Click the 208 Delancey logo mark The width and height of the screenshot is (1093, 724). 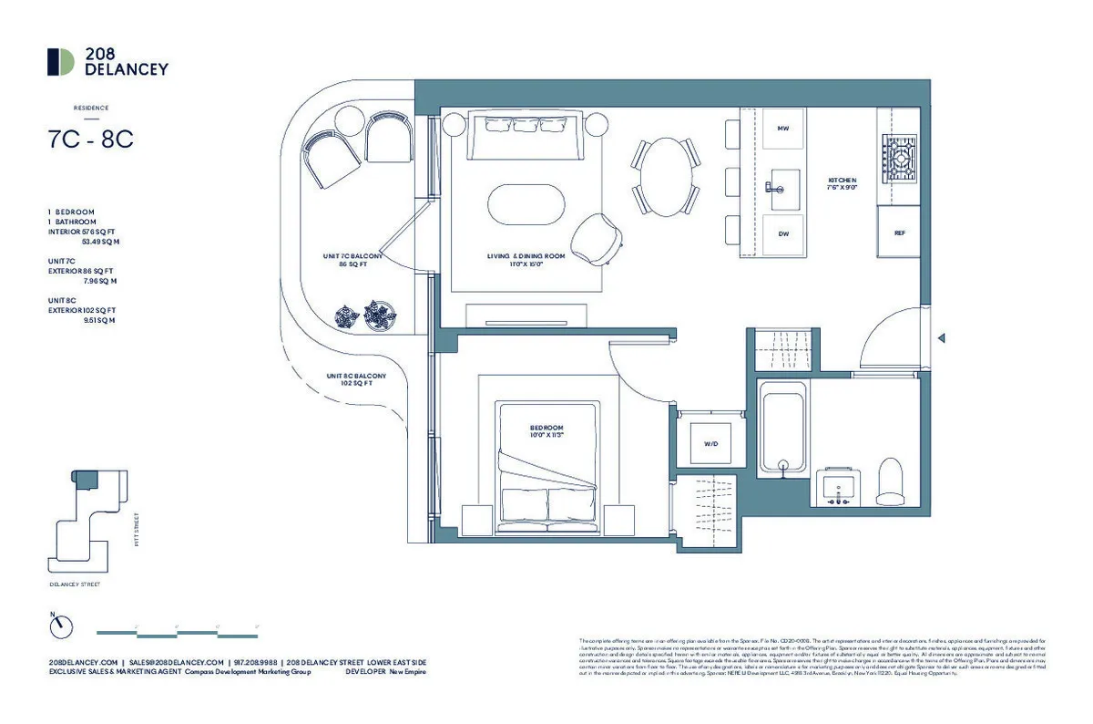click(x=61, y=61)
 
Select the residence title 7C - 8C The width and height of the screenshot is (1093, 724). click(x=91, y=140)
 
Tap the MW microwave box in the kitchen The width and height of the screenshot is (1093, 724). click(x=782, y=129)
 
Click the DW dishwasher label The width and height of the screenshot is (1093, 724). click(x=782, y=233)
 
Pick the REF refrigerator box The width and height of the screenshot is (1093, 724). click(x=899, y=233)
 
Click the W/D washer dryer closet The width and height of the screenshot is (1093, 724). click(x=710, y=444)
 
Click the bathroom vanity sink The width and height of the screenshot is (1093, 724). click(x=837, y=487)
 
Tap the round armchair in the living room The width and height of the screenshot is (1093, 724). click(x=596, y=236)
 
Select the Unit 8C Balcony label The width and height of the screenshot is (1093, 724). click(x=356, y=379)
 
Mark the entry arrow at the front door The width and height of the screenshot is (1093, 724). click(x=942, y=338)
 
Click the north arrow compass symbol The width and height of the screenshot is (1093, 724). click(x=61, y=626)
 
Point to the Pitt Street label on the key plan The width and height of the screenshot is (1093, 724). click(x=135, y=528)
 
